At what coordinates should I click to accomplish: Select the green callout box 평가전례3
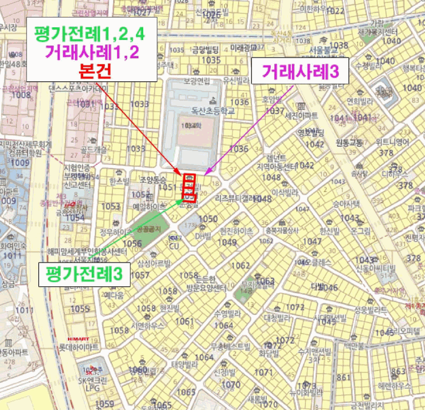(x=84, y=275)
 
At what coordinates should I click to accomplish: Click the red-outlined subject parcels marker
(x=189, y=187)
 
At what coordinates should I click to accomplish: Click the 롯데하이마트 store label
(x=78, y=348)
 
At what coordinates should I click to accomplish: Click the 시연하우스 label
(x=148, y=326)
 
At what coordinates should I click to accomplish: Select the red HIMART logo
(x=78, y=338)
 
